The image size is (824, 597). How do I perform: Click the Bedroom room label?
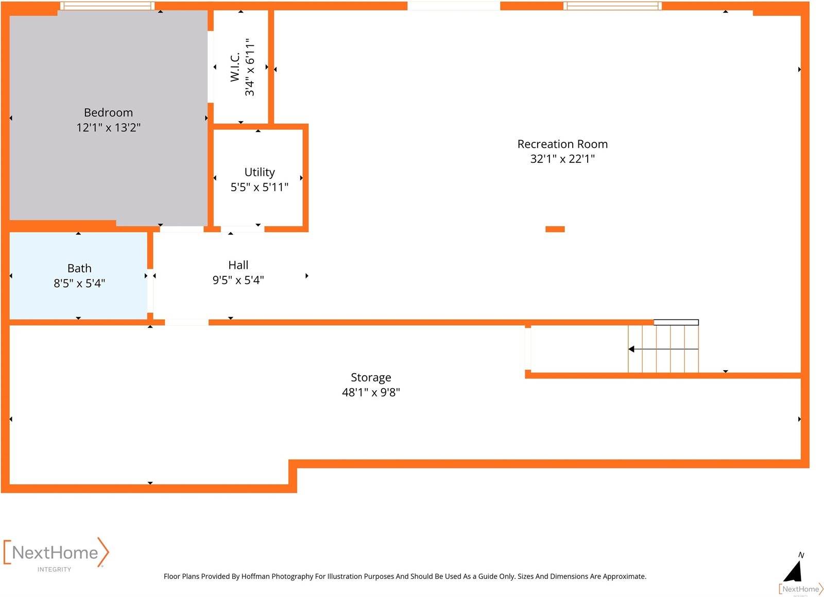(x=108, y=112)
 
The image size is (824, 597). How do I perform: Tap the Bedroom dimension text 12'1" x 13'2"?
(x=108, y=127)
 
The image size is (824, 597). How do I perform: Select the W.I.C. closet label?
(x=235, y=67)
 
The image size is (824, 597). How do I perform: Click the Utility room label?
(x=260, y=172)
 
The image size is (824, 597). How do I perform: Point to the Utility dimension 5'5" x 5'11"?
(x=260, y=187)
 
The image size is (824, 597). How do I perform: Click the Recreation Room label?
(x=562, y=144)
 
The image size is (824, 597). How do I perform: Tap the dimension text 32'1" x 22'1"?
(x=562, y=159)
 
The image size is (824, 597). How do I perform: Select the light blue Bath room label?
(x=79, y=268)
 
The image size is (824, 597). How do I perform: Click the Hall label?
(x=238, y=265)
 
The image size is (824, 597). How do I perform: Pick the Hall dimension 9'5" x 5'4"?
(x=238, y=280)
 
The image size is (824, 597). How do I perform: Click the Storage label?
(x=371, y=377)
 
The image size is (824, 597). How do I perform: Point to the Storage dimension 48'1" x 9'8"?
(x=371, y=392)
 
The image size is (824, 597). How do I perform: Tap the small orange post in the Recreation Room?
(x=555, y=229)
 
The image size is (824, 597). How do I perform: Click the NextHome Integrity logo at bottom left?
(x=56, y=554)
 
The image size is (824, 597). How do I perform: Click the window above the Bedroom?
(x=107, y=6)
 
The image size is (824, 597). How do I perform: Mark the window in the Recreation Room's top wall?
(x=612, y=6)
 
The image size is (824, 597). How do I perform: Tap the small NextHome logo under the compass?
(x=801, y=589)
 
